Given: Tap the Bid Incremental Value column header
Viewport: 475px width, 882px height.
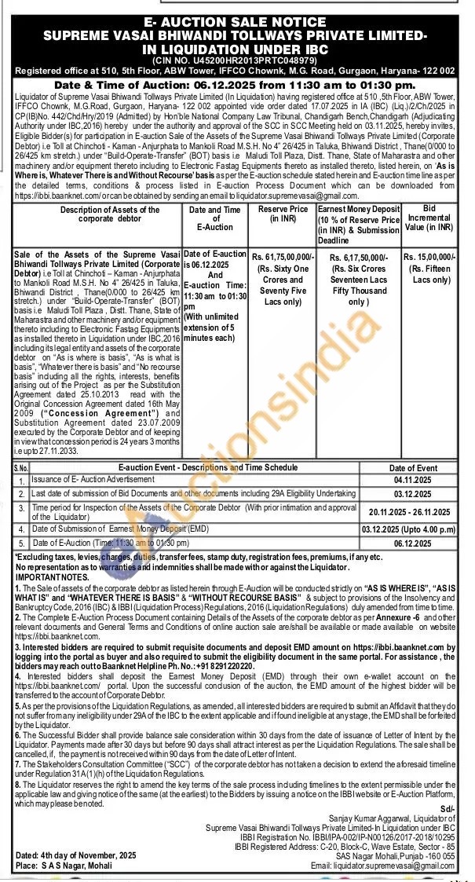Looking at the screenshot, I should click(x=429, y=218).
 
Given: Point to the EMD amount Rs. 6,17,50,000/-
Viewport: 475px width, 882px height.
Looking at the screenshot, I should click(x=358, y=257).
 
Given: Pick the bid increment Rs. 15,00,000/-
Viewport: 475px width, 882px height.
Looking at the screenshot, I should click(x=429, y=257).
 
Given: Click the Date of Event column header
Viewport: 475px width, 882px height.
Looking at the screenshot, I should click(x=413, y=468).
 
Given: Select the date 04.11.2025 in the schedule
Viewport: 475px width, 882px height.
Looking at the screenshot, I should click(x=413, y=479).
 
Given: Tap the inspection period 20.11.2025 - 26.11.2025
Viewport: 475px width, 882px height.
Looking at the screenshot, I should click(x=413, y=511).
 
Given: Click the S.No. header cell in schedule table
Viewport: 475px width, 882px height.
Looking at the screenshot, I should click(x=21, y=468).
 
